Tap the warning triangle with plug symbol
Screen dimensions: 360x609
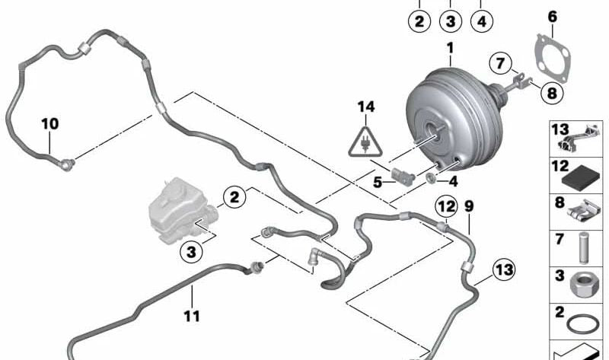pos(367,141)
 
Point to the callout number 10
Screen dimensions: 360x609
pos(49,123)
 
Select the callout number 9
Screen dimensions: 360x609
pos(468,205)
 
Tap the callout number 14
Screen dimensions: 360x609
pos(367,107)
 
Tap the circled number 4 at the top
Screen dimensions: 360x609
pos(481,21)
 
